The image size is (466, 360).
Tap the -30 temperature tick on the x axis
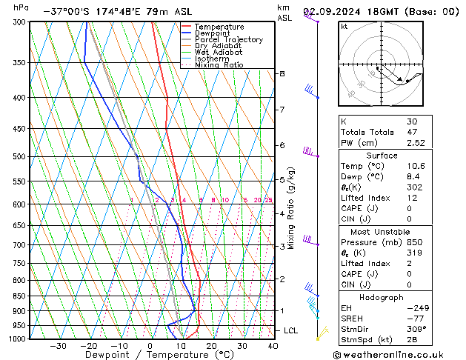pyautogui.click(x=57, y=345)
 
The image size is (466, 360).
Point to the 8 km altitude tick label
pyautogui.click(x=282, y=73)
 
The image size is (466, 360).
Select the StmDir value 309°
pyautogui.click(x=416, y=329)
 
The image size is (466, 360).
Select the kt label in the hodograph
pyautogui.click(x=344, y=26)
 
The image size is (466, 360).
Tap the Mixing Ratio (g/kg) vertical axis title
pyautogui.click(x=291, y=207)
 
